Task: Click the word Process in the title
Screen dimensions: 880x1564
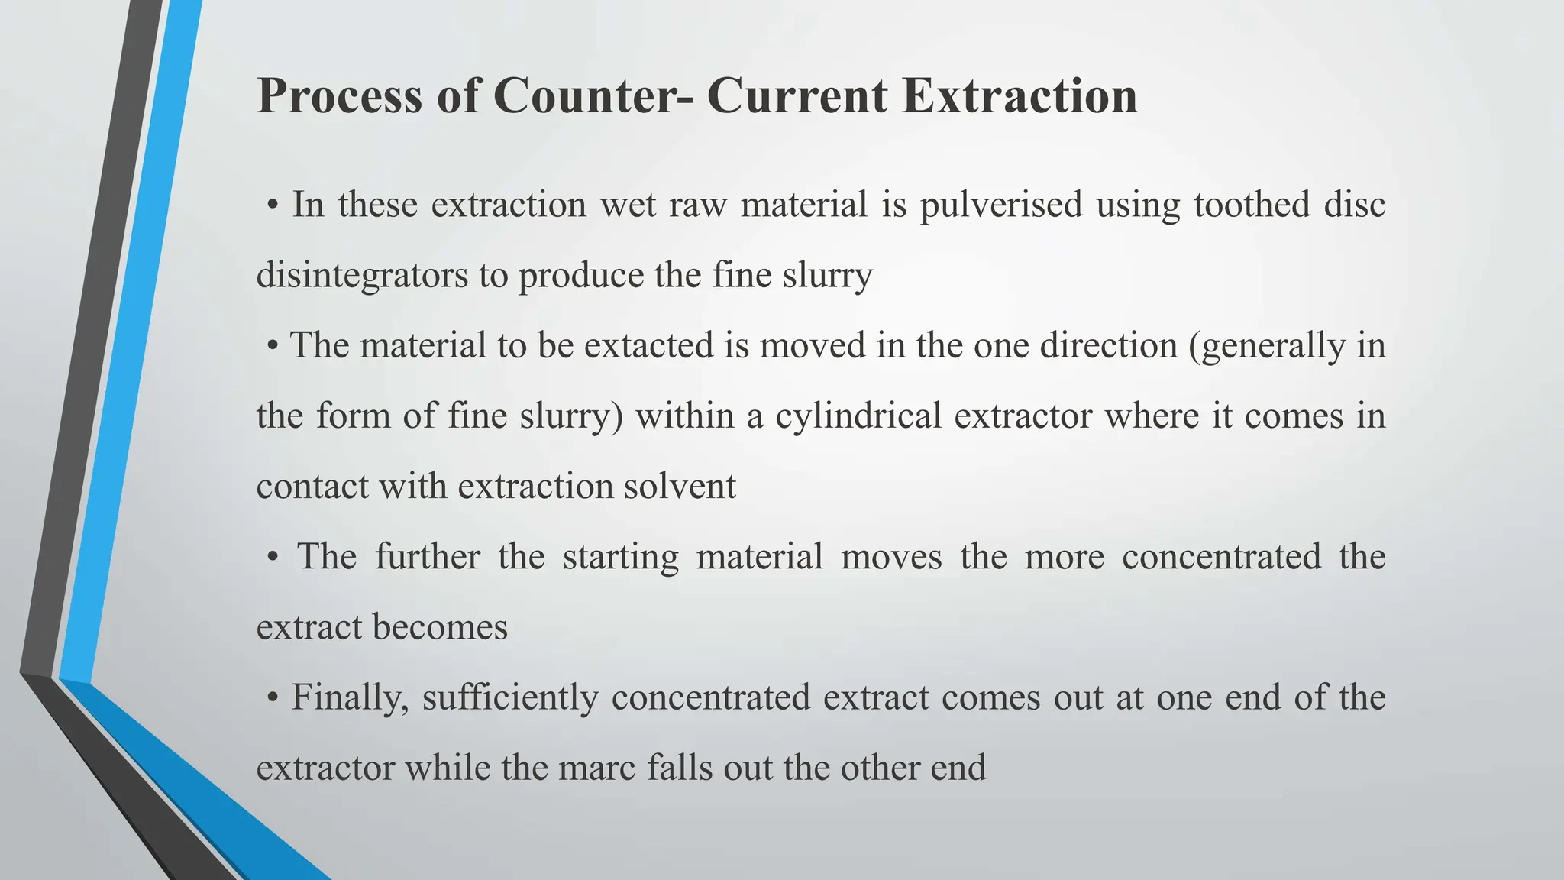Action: pos(339,96)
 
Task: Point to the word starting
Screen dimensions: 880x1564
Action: pos(620,557)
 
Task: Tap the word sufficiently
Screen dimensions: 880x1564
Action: pos(509,697)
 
